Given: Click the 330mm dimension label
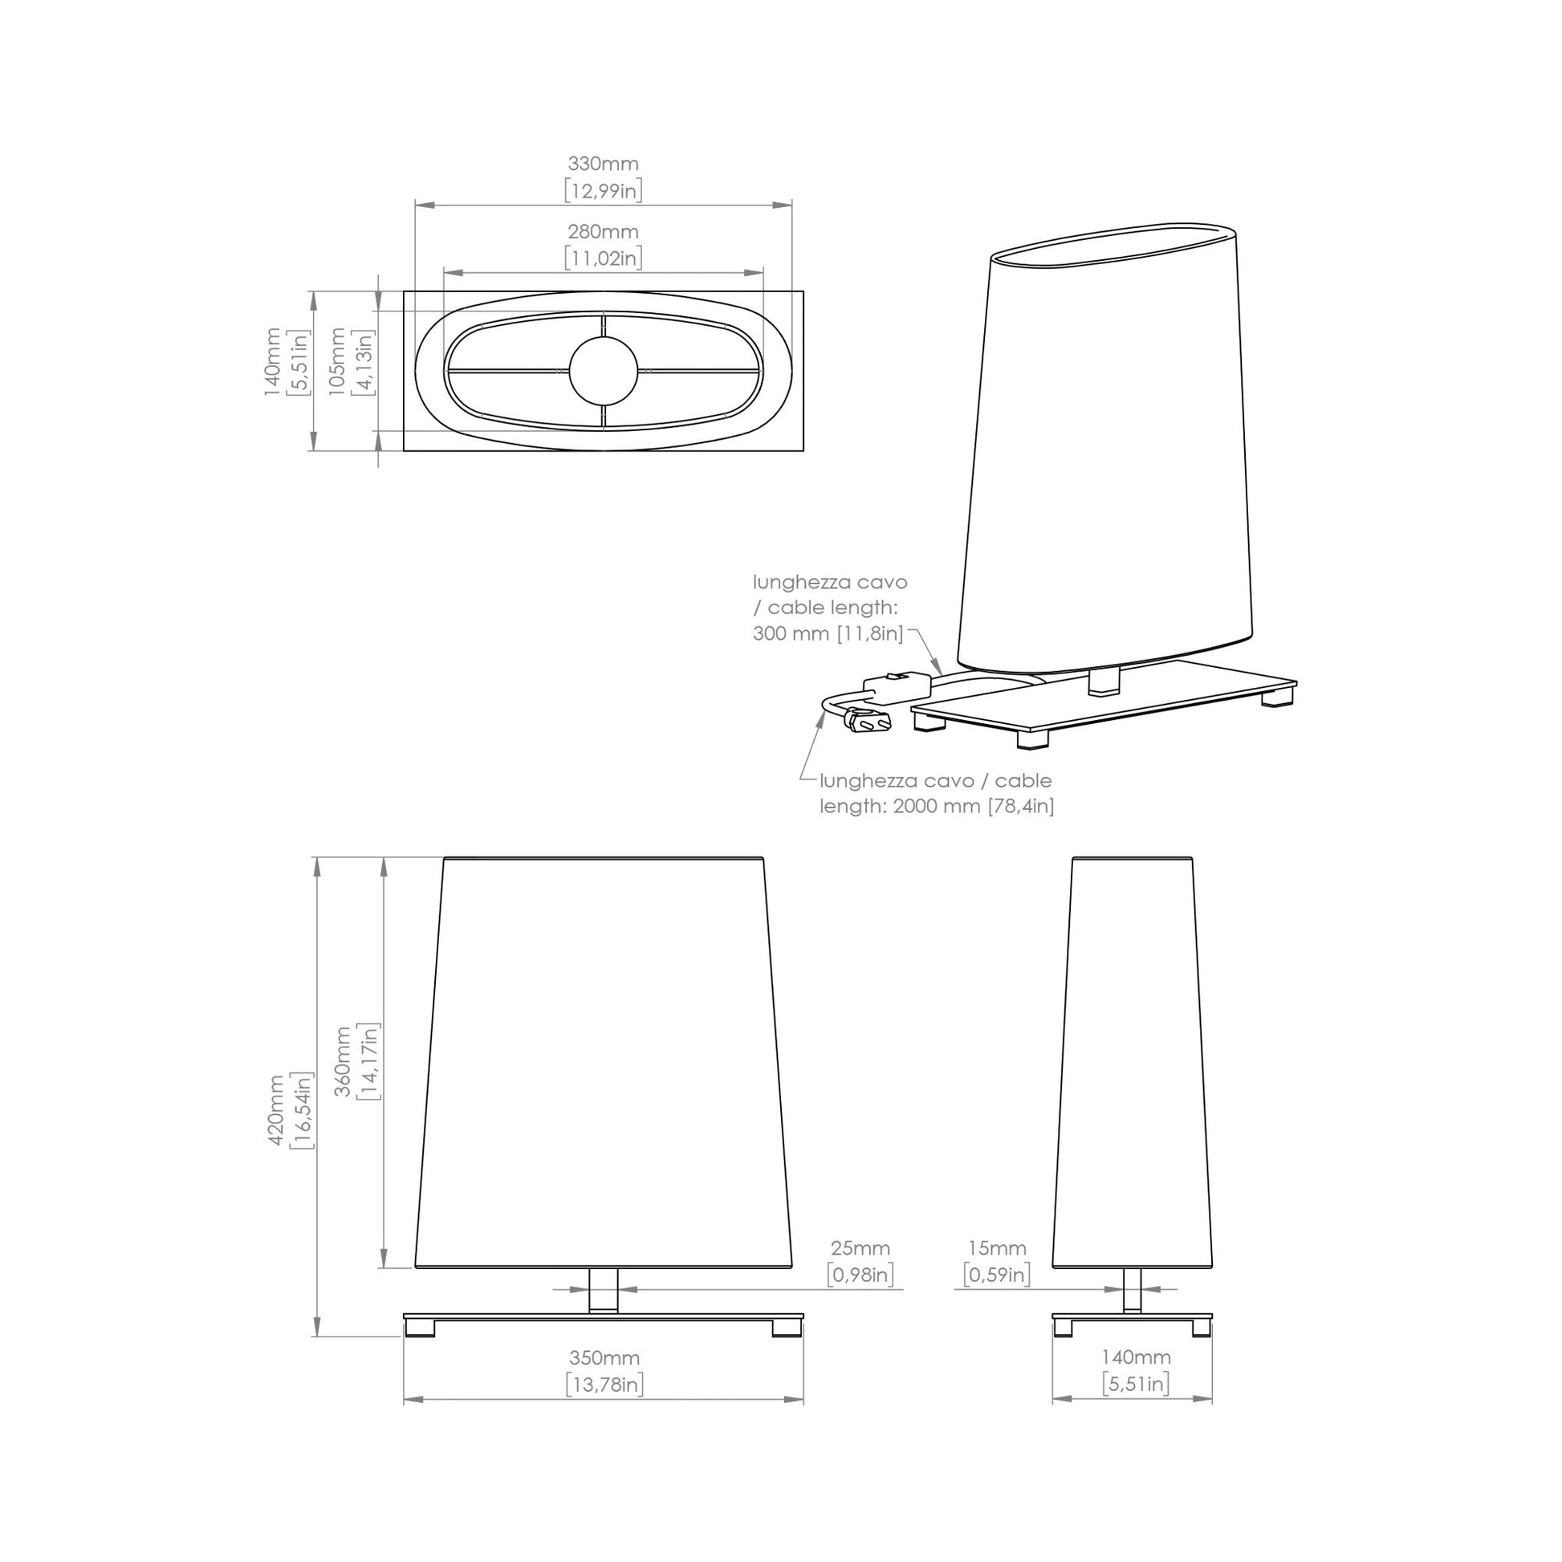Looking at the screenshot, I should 603,164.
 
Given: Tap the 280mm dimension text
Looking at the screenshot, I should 603,232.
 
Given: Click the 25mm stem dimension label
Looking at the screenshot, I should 860,1249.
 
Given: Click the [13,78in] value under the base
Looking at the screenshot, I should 604,1385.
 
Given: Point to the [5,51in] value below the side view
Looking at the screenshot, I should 1136,1384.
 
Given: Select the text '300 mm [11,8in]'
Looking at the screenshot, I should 828,634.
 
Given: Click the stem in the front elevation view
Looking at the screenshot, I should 603,1291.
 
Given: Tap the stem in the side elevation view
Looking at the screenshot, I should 1132,1291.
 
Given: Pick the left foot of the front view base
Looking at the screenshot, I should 420,1328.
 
